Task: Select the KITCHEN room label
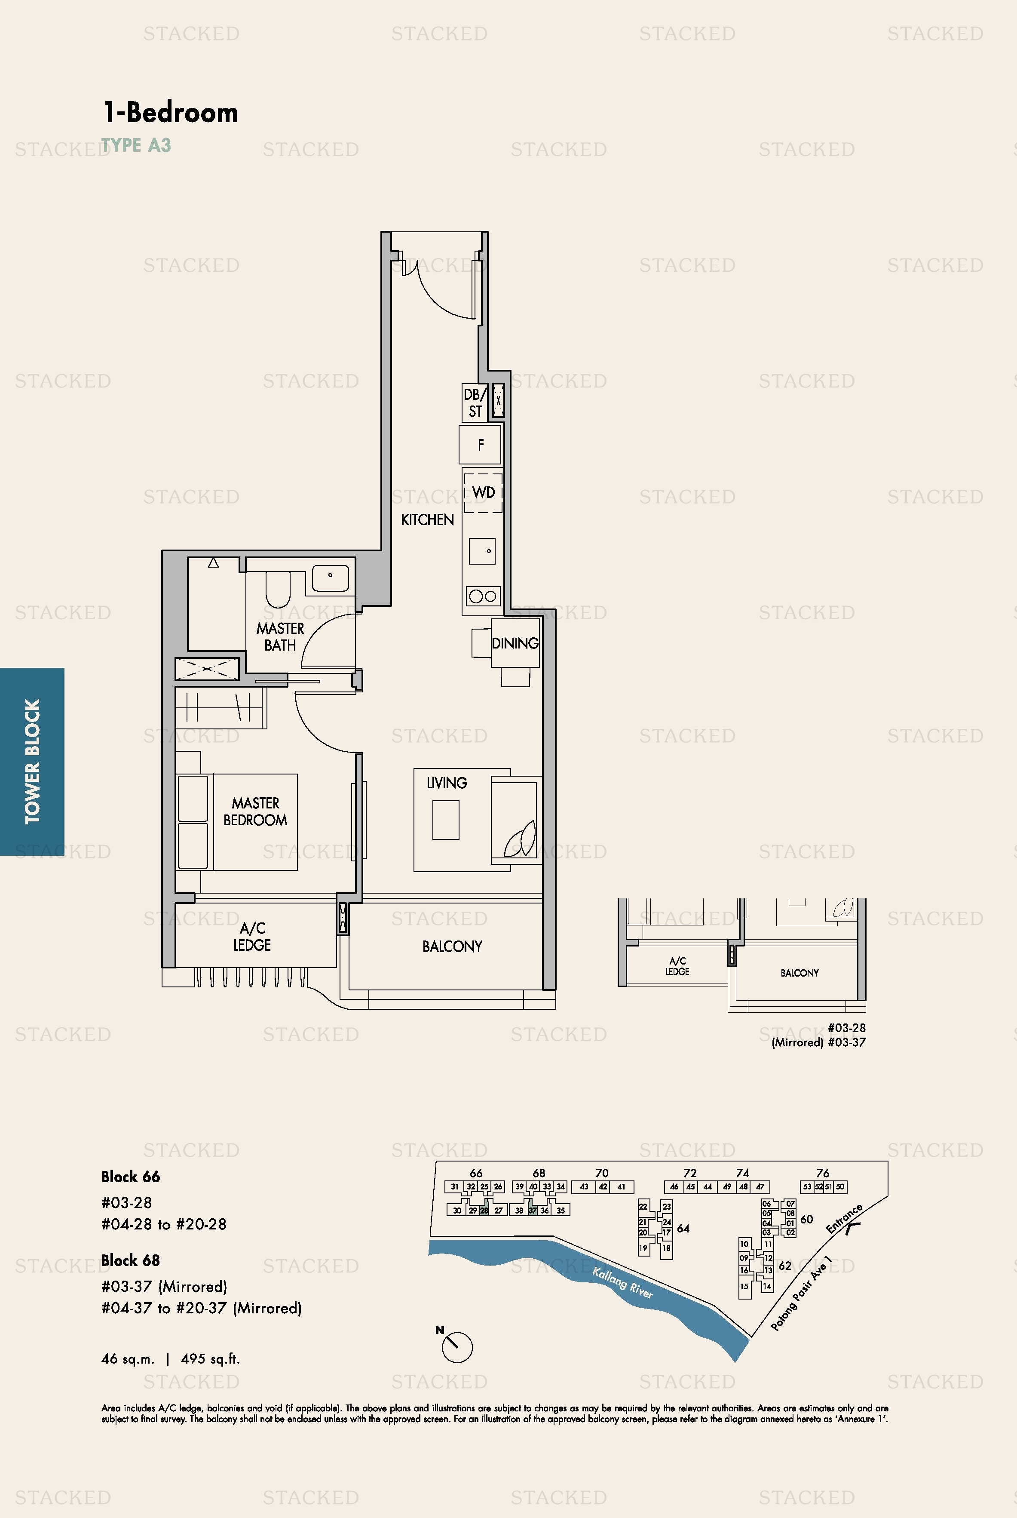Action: click(x=427, y=519)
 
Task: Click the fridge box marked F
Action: click(x=481, y=444)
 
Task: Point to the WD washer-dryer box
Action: click(x=483, y=492)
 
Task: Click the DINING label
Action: click(x=515, y=643)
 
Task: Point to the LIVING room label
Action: click(x=447, y=783)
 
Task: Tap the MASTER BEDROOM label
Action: click(x=256, y=811)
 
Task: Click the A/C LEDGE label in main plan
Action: click(x=252, y=936)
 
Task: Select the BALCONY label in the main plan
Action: click(x=452, y=946)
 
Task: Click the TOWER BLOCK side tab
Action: click(x=32, y=761)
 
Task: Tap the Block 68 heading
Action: click(x=130, y=1260)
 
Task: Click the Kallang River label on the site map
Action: click(x=623, y=1282)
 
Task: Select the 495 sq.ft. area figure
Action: click(x=210, y=1358)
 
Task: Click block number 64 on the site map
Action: click(x=683, y=1228)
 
